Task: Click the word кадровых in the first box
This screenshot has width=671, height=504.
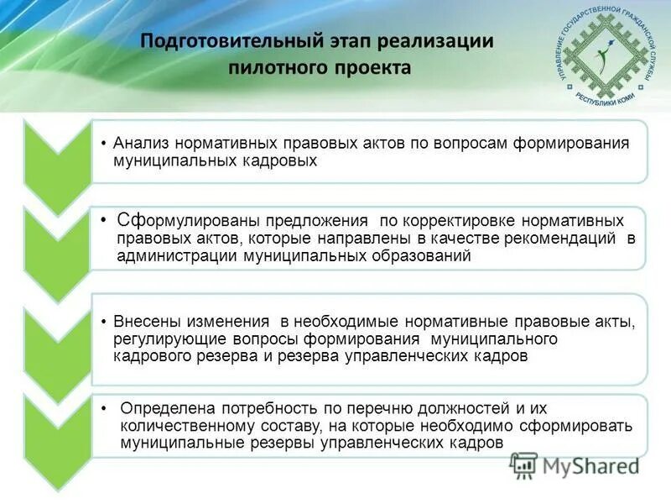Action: coord(283,160)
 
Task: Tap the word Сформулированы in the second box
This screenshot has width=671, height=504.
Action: coord(190,221)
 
